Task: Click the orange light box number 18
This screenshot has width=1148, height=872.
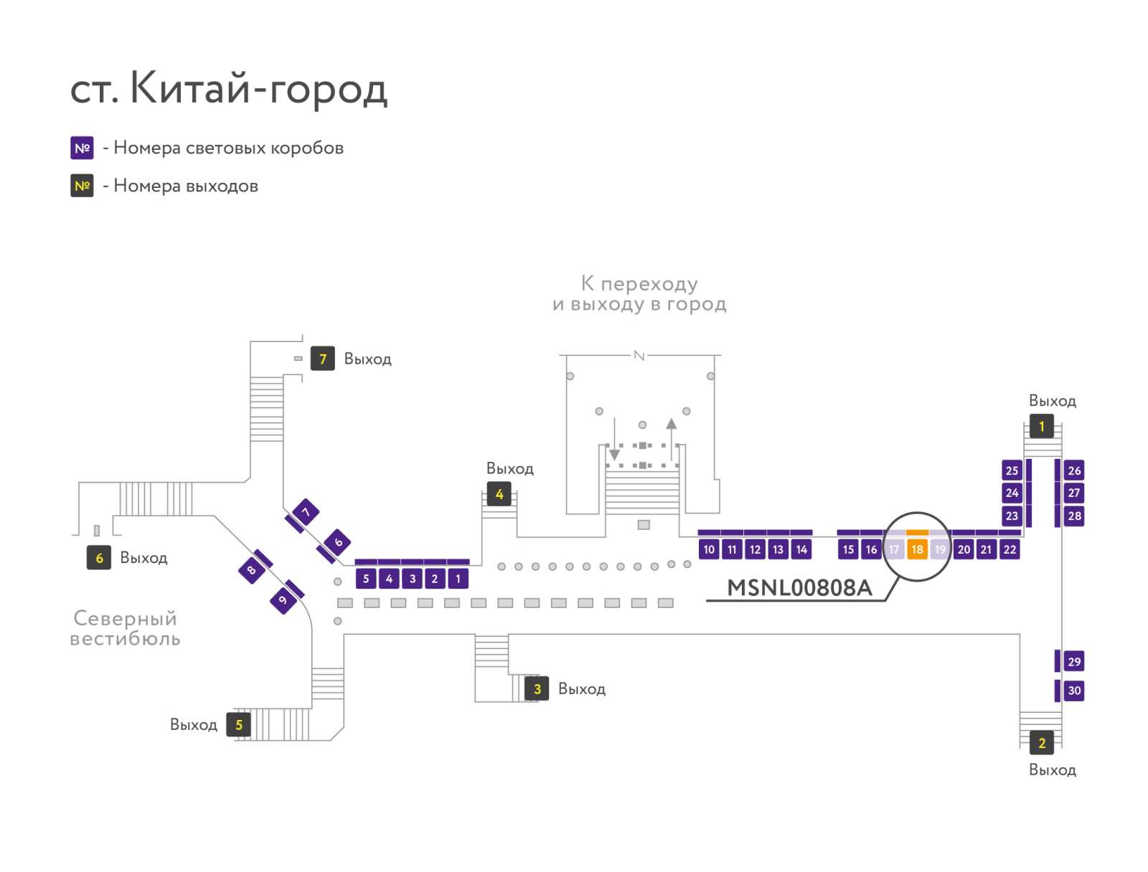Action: click(x=916, y=549)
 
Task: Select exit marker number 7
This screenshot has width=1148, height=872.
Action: click(x=322, y=359)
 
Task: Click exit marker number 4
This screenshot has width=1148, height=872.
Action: click(x=499, y=494)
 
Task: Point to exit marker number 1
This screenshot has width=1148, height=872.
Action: click(x=1041, y=427)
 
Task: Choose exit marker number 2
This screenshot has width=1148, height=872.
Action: click(x=1041, y=743)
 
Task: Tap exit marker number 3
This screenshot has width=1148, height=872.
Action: click(x=537, y=688)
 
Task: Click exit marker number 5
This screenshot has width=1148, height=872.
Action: click(x=238, y=725)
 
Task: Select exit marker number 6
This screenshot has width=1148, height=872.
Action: click(x=99, y=557)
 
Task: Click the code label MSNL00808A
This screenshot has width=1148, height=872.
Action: click(x=799, y=588)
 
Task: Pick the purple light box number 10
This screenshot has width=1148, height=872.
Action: click(x=709, y=549)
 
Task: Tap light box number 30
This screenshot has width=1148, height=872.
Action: click(x=1073, y=690)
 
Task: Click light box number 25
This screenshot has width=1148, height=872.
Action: click(x=1012, y=470)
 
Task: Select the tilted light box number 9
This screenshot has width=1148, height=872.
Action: click(x=283, y=599)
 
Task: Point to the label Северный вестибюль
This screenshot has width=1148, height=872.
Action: click(x=125, y=628)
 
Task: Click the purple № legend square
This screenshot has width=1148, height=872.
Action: click(x=82, y=148)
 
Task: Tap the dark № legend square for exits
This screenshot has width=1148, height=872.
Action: click(x=82, y=186)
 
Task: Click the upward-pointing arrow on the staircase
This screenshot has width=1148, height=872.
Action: click(x=671, y=439)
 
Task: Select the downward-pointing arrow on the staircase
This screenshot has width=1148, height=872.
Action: click(x=614, y=439)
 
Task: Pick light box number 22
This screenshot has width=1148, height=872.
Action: click(x=1010, y=549)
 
